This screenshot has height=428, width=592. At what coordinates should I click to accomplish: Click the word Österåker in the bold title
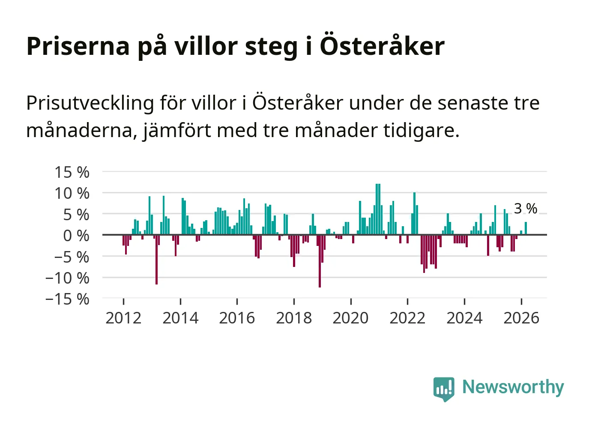tap(382, 46)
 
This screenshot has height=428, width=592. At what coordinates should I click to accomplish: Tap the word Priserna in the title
tap(78, 46)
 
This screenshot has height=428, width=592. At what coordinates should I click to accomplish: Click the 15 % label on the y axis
tap(72, 172)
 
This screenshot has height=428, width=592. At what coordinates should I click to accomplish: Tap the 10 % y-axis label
tap(72, 193)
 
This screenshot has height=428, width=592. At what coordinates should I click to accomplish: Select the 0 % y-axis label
tap(76, 236)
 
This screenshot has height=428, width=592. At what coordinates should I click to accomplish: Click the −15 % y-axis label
tap(67, 299)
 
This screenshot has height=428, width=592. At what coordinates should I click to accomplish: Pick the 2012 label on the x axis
tap(123, 318)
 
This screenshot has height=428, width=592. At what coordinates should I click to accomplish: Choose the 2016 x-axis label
tap(237, 318)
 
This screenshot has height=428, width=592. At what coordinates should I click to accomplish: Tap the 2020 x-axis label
tap(350, 318)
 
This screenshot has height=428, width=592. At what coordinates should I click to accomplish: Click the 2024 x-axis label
tap(464, 318)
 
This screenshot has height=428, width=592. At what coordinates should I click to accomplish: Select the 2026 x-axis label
tap(521, 318)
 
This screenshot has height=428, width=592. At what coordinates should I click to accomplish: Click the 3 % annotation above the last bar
tap(526, 209)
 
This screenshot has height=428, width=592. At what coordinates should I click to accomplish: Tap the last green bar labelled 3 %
tap(526, 228)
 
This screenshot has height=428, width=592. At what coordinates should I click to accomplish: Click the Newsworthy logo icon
tap(443, 389)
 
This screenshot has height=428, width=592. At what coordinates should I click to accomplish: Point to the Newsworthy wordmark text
tap(513, 387)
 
